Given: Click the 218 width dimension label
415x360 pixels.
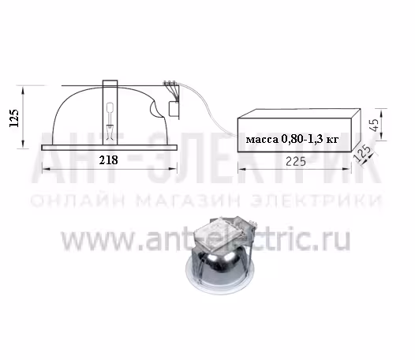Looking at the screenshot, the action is [x=108, y=160].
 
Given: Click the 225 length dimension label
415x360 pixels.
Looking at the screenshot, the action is [x=296, y=161].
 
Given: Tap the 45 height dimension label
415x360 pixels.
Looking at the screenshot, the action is [x=375, y=125].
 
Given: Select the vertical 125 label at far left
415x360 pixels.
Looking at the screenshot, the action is [x=14, y=118].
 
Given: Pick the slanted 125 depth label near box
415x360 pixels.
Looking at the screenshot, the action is [x=362, y=152].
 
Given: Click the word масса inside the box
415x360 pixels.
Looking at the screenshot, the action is [x=262, y=139].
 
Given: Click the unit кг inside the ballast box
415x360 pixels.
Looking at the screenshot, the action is [x=332, y=139].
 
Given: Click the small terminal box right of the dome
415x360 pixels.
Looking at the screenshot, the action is [x=174, y=109].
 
